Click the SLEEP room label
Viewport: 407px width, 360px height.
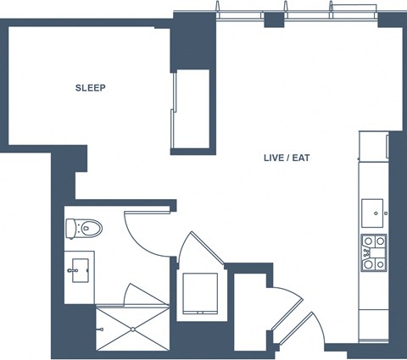[91, 88]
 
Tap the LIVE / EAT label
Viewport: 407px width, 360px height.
[287, 158]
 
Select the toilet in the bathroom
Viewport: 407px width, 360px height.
[84, 228]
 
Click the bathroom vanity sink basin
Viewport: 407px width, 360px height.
[81, 270]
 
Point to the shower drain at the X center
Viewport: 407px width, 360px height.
[133, 330]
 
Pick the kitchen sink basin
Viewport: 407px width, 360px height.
[372, 213]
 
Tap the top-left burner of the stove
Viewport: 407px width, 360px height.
[368, 241]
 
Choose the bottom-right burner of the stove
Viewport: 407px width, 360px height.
[381, 264]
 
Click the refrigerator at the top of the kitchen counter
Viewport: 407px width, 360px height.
[374, 146]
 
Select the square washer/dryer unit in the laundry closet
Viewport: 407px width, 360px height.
[200, 293]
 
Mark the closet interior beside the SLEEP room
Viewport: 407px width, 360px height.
[192, 108]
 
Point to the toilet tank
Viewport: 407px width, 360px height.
[70, 229]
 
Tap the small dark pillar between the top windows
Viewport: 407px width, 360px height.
[274, 19]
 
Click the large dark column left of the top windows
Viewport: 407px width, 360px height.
[193, 42]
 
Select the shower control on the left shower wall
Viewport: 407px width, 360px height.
[99, 330]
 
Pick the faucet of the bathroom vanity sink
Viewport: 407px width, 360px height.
[72, 270]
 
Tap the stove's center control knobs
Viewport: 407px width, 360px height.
[367, 253]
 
